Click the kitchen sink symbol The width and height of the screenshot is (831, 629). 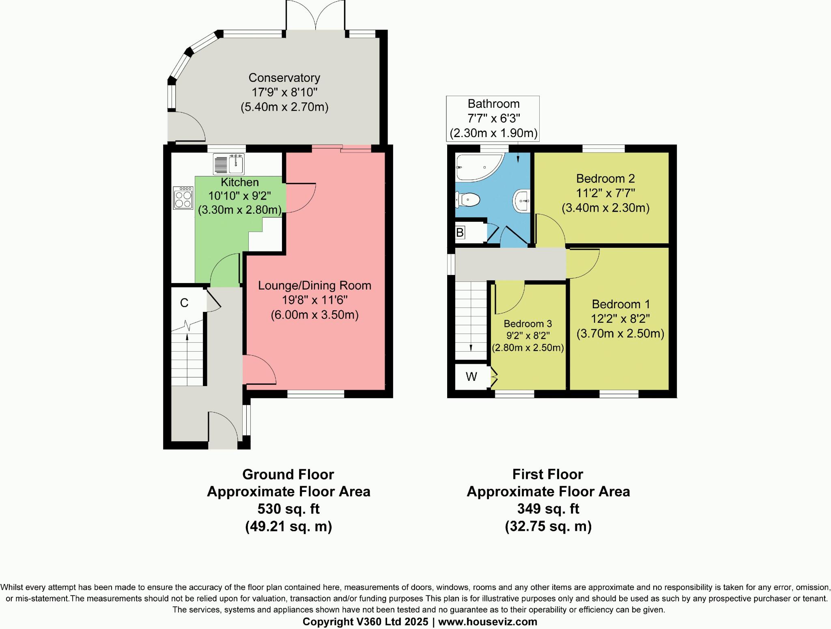point(228,164)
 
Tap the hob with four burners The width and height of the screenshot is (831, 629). point(183,198)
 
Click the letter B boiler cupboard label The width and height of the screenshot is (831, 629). point(460,233)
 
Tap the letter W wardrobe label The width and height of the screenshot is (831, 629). point(471,377)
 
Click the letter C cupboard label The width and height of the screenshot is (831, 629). point(184,303)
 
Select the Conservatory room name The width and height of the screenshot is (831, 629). point(284,77)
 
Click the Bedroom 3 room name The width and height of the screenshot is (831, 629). point(527,324)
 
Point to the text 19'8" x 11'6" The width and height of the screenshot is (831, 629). point(315,300)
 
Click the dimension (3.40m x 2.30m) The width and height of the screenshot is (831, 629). point(605,208)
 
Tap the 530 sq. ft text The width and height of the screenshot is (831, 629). point(288,509)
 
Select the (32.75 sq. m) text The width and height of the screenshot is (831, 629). point(548,526)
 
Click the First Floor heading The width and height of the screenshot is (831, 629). point(547,474)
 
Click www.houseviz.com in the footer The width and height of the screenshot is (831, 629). point(487,622)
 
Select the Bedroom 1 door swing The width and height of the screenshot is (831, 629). point(582,264)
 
